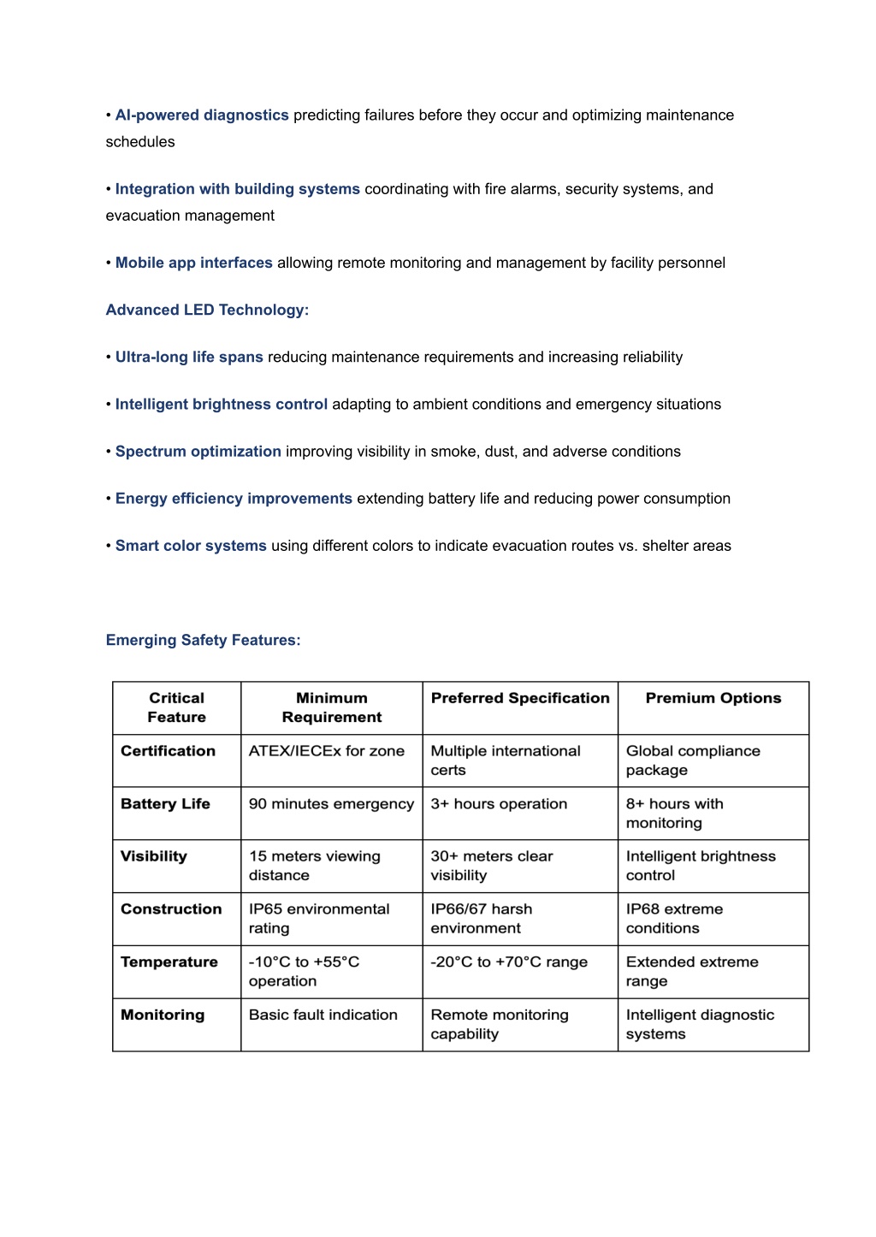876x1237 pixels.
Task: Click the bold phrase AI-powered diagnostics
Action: pos(202,115)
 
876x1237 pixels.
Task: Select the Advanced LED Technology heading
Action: pos(207,310)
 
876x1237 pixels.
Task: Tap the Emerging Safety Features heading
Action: pos(203,640)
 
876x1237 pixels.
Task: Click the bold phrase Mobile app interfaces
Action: pos(194,263)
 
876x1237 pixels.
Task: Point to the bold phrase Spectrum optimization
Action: pos(198,452)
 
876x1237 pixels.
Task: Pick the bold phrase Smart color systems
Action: pos(191,546)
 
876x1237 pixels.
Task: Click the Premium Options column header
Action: pos(713,698)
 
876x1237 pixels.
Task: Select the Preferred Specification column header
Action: pos(520,698)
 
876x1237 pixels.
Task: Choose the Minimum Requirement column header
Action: pos(332,707)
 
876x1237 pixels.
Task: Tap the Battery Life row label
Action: pos(165,804)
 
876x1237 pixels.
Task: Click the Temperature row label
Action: pos(169,962)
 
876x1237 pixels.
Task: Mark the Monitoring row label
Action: pos(163,1015)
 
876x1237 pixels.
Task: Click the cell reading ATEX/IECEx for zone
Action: pos(327,751)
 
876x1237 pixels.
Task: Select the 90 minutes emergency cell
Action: pos(331,804)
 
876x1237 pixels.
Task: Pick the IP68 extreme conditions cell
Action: pos(674,919)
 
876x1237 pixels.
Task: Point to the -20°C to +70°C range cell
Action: pos(509,962)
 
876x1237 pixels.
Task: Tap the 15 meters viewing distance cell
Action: pos(314,866)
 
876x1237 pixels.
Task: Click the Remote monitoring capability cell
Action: pos(499,1025)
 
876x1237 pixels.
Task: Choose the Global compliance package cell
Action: pos(693,761)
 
